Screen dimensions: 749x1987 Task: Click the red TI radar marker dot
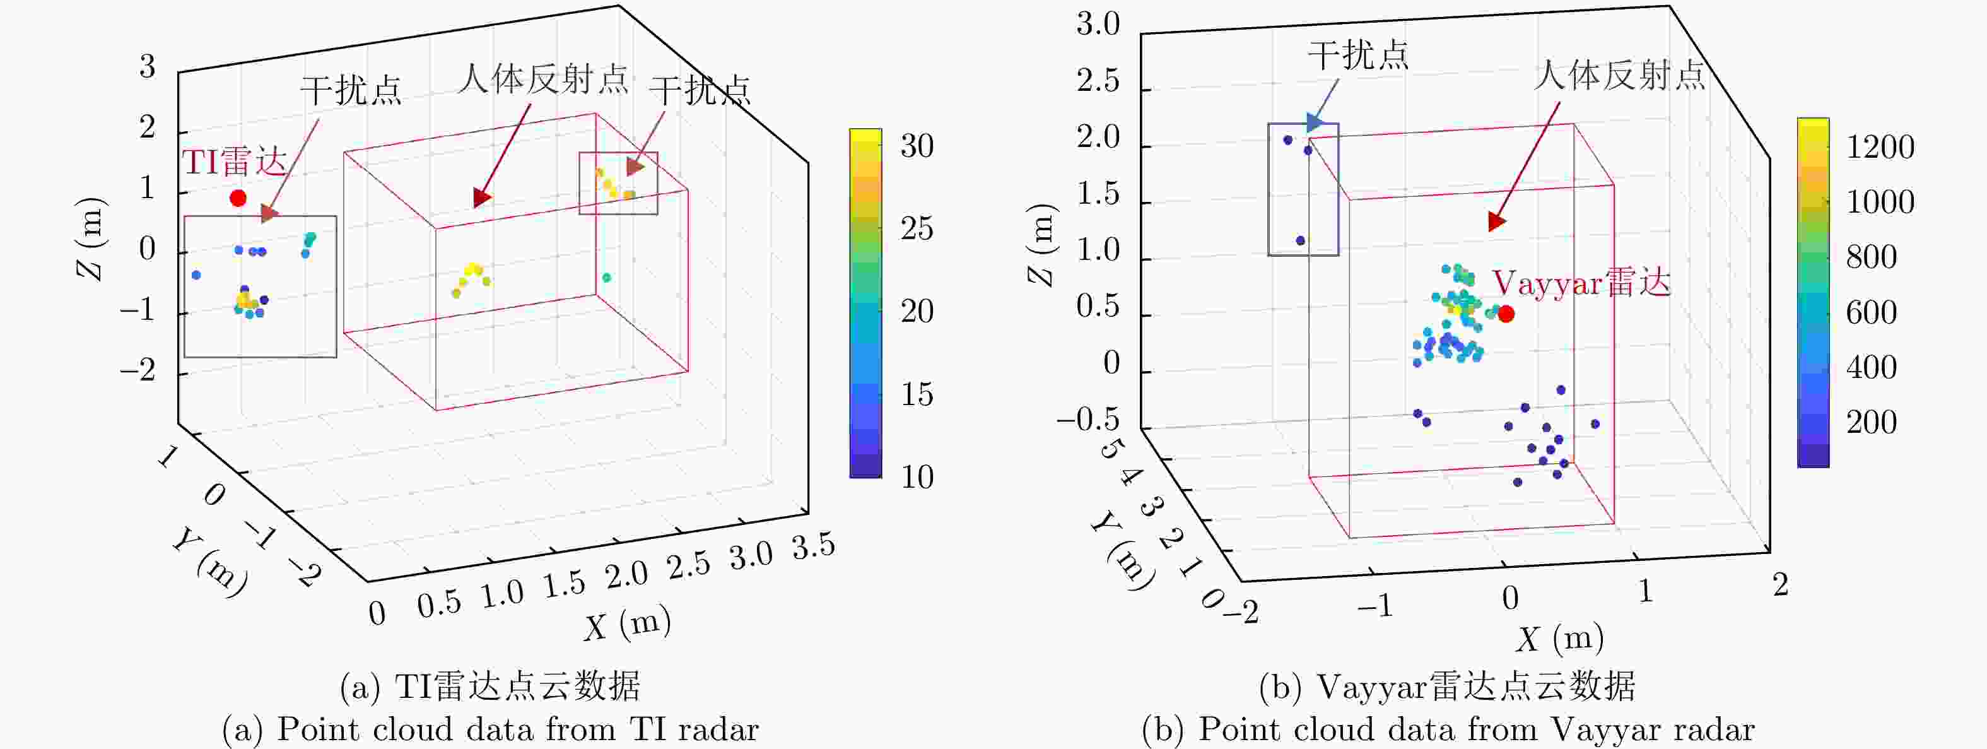(238, 198)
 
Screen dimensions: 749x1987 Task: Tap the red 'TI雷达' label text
(235, 162)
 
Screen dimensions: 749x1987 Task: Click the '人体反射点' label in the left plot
(543, 80)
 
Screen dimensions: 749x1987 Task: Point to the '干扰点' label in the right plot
(1358, 56)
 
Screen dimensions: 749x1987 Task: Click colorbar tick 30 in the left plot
(917, 146)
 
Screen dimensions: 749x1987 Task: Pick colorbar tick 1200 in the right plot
(1880, 146)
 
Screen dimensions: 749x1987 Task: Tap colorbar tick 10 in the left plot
(917, 476)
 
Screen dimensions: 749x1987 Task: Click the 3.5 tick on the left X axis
(814, 546)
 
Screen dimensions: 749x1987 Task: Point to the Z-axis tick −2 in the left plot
(138, 372)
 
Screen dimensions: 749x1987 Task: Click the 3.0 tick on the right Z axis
(1098, 25)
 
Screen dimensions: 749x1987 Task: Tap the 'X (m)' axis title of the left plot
(627, 623)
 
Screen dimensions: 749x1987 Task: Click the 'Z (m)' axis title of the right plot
(1041, 245)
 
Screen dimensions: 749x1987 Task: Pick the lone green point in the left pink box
(606, 278)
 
